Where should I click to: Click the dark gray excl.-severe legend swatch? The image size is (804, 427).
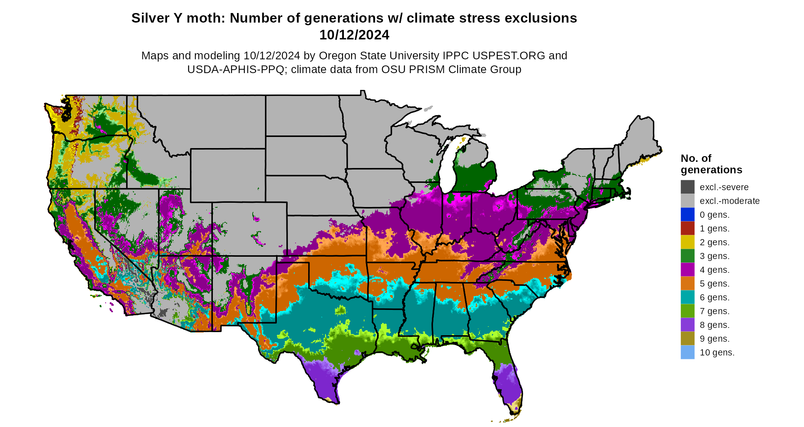tap(687, 187)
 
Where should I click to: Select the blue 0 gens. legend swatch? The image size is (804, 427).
tap(687, 215)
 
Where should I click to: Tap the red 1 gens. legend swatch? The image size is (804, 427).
tap(687, 228)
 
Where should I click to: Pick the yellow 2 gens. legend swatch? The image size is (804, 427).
tap(687, 242)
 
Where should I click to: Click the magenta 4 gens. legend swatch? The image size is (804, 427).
tap(687, 270)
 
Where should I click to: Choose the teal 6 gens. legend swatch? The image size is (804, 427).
tap(687, 297)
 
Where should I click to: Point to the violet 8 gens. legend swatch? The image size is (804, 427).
tap(687, 325)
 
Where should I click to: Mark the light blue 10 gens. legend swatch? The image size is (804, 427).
tap(687, 352)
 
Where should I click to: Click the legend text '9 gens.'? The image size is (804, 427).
tap(714, 339)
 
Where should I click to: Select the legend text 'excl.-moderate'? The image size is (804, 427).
tap(729, 201)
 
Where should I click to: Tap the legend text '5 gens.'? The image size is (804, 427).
tap(714, 284)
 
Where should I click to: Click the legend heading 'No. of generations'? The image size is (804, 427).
tap(711, 164)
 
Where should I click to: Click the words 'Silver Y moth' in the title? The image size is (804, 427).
tap(178, 18)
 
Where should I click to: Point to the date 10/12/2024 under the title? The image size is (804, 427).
tap(354, 35)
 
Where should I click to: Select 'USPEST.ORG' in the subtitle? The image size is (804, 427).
tap(509, 55)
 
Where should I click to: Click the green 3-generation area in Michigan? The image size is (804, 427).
tap(475, 176)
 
